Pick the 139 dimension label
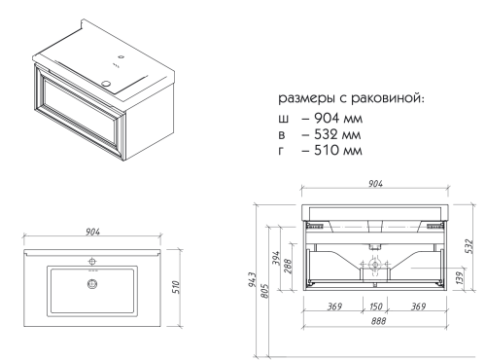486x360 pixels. [x=458, y=279]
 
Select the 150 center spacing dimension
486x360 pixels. [x=374, y=307]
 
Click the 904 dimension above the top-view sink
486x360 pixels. [x=92, y=232]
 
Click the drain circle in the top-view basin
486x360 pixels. [x=93, y=284]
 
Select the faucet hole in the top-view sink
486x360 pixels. [x=93, y=261]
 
